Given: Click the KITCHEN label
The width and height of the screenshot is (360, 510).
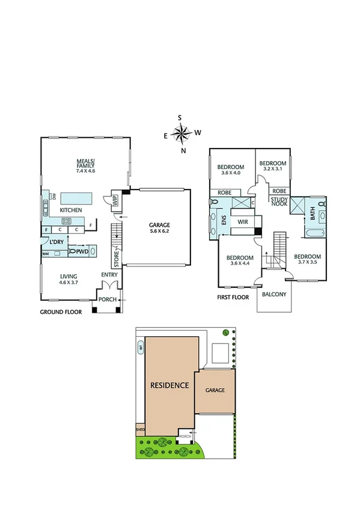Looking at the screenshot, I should click(x=70, y=210).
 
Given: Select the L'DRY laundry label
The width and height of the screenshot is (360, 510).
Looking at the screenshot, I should click(x=57, y=242).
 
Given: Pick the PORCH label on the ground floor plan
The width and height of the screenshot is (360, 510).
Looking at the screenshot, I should click(x=108, y=299).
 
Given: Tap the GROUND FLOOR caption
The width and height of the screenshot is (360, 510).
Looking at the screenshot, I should click(x=60, y=312).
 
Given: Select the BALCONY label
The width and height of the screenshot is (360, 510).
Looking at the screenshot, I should click(x=274, y=295).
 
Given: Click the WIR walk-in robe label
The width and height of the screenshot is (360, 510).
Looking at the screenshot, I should click(x=243, y=222).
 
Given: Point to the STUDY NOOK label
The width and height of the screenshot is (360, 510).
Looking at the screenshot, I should click(x=279, y=201).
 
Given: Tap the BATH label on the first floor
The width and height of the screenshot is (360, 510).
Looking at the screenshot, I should click(x=313, y=214).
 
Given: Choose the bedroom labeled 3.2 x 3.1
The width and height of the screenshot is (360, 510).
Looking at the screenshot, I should click(x=272, y=166).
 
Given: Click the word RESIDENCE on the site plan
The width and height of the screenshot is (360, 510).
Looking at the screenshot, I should click(x=170, y=385).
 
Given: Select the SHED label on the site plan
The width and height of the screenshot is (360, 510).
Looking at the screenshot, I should click(x=141, y=430).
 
